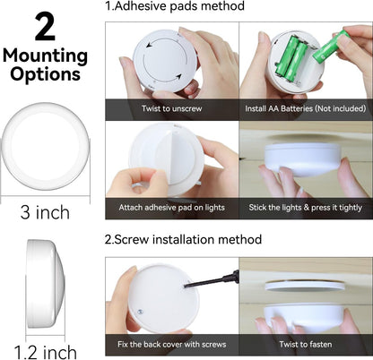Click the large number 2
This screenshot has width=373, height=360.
pos(45,26)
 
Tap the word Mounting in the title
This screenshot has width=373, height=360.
pos(45,56)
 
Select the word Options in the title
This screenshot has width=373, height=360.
pos(45,74)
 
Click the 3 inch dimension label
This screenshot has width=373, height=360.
pos(44,212)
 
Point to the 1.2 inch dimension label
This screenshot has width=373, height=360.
pos(45,350)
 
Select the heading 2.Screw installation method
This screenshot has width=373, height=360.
pos(183,240)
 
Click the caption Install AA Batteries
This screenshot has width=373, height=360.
pos(305,109)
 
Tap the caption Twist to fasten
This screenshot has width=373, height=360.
pos(305,345)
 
